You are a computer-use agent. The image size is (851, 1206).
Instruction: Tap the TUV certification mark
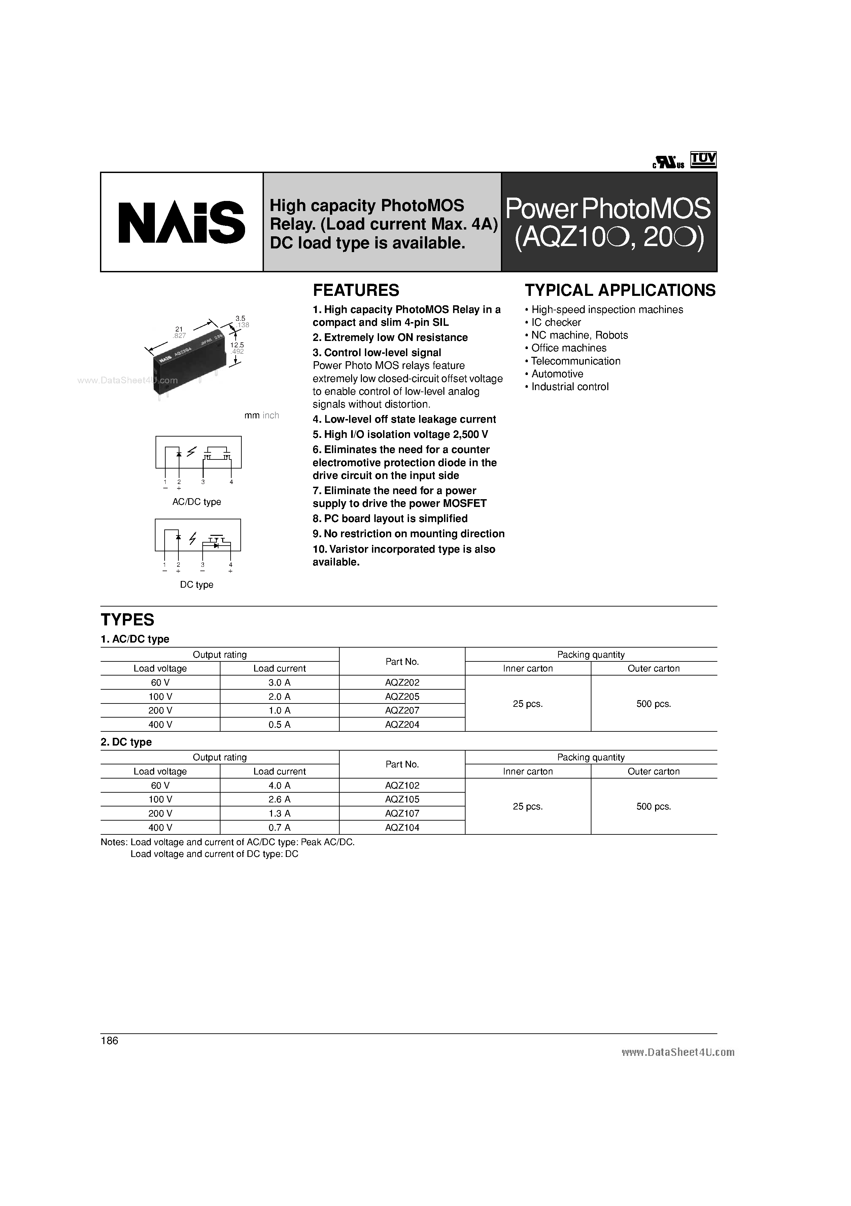pos(703,160)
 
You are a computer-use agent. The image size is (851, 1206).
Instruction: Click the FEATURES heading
pos(355,290)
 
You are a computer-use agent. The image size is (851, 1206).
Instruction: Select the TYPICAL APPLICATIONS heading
pos(620,290)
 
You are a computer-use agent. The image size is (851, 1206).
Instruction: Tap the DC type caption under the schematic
pos(197,585)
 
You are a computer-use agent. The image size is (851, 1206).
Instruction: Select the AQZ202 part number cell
pos(402,682)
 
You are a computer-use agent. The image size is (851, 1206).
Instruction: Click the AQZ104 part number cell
pos(402,827)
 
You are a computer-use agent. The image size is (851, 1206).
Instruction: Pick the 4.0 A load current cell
pos(279,785)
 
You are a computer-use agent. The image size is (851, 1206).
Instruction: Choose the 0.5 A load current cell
pos(279,724)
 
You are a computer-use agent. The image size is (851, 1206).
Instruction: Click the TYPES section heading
pos(128,620)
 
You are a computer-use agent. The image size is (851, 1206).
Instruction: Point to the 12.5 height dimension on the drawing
pos(237,345)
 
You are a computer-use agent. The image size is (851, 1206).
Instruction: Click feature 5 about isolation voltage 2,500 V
pos(400,435)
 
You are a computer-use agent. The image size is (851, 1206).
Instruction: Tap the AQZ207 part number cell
pos(402,710)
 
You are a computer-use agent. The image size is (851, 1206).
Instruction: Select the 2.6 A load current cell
pos(279,799)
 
